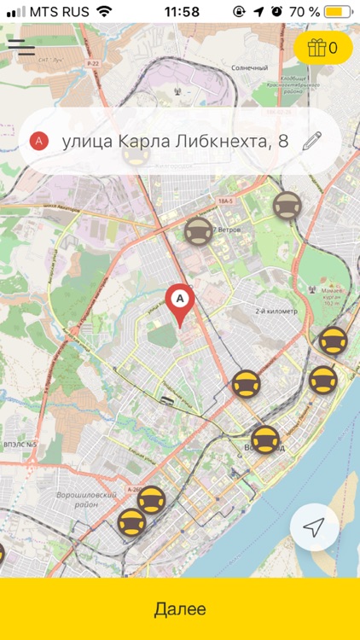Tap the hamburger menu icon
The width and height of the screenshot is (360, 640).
(20, 46)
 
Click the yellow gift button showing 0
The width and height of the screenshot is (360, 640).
(322, 48)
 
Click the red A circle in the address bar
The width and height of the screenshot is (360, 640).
(39, 141)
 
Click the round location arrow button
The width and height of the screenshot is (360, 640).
(315, 528)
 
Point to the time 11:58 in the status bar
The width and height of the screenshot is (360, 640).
(181, 12)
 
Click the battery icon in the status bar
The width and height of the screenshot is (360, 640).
(338, 12)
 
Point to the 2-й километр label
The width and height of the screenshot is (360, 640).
(277, 311)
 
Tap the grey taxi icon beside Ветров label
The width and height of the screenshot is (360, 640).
(199, 232)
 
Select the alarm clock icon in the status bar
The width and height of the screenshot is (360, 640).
(277, 12)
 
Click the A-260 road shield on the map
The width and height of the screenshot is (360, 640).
(136, 489)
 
